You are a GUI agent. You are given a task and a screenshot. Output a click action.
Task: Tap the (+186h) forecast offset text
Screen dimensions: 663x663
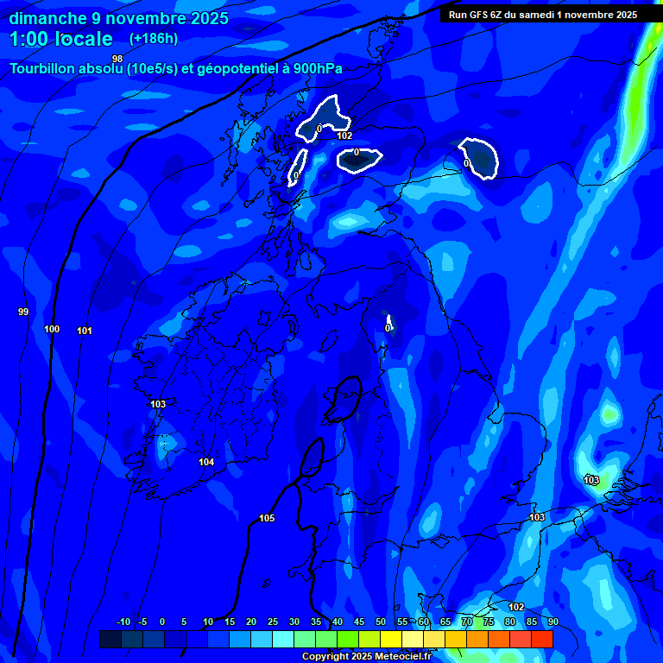click(x=154, y=39)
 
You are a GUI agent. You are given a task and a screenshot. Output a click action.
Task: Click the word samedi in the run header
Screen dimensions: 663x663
click(x=534, y=15)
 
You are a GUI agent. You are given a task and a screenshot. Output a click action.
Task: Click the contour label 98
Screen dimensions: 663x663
click(x=117, y=59)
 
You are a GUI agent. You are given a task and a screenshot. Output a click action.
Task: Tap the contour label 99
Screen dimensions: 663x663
click(x=23, y=312)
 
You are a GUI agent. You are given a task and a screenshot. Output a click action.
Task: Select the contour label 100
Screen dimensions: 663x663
click(x=52, y=329)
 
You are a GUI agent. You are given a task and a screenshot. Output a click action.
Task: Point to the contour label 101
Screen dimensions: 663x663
click(x=85, y=331)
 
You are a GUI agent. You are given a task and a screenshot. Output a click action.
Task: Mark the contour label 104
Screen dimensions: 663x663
click(x=206, y=462)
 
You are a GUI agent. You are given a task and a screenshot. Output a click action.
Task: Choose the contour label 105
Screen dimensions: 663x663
click(x=267, y=518)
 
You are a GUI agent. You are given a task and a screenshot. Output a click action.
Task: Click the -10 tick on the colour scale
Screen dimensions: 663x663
click(x=123, y=622)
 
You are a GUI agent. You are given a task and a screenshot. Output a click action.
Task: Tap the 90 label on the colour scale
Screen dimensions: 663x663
click(x=552, y=622)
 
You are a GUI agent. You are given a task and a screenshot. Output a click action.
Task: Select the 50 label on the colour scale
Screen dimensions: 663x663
click(x=380, y=622)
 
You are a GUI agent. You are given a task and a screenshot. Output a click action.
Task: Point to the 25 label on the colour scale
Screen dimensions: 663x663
click(x=272, y=622)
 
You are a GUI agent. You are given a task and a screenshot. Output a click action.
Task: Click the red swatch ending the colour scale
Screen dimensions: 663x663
click(x=541, y=639)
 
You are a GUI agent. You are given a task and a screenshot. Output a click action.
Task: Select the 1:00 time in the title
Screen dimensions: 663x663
click(x=29, y=39)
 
